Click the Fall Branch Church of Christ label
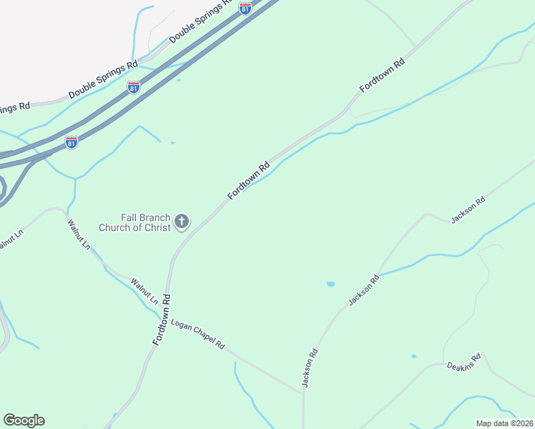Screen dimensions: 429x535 [x=145, y=222]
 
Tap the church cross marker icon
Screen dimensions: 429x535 [x=182, y=222]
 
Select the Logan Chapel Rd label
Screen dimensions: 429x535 [x=198, y=334]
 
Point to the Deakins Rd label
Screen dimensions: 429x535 [x=464, y=360]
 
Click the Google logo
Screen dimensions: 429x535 [x=24, y=420]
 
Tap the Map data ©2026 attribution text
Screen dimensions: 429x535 [x=504, y=423]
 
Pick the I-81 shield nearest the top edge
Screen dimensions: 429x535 [x=245, y=8]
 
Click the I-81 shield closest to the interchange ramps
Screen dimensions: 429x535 [x=72, y=142]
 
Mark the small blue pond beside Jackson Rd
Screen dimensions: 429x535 [x=330, y=284]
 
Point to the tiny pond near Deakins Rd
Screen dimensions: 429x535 [x=414, y=356]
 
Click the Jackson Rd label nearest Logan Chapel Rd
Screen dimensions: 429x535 [x=310, y=368]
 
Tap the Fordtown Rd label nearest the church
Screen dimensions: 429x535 [x=249, y=181]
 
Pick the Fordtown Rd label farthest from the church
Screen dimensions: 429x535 [x=383, y=74]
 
